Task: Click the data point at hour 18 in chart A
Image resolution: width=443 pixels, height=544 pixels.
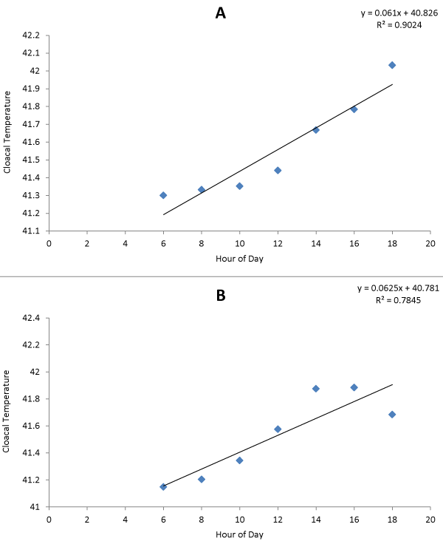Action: point(392,65)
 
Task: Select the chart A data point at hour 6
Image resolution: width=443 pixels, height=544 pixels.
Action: point(163,195)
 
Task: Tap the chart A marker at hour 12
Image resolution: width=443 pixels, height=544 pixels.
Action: point(278,170)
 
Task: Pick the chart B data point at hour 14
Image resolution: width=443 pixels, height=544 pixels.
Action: point(316,389)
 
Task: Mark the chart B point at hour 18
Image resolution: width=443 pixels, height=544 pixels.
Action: point(392,415)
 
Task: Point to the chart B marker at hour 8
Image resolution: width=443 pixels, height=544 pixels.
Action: point(202,480)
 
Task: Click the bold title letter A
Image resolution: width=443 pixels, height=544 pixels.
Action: point(221,13)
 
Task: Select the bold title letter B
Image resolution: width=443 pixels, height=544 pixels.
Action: point(221,296)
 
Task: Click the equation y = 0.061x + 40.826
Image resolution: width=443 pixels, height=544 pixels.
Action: point(399,13)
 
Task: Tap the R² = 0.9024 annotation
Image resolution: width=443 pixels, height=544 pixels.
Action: point(399,25)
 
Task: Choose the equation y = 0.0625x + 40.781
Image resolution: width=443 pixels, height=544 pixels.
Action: point(398,288)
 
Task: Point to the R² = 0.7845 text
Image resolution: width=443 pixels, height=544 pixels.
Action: point(398,300)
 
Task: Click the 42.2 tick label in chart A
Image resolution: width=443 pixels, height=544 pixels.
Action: point(31,35)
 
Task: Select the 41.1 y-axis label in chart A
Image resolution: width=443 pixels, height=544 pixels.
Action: point(31,231)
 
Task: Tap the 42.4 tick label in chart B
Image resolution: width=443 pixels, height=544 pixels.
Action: point(31,318)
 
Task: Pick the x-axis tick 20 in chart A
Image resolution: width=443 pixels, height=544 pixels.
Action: point(430,244)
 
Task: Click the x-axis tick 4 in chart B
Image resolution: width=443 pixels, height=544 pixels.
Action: point(125,520)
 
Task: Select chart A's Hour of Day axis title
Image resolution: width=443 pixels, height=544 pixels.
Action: point(239,259)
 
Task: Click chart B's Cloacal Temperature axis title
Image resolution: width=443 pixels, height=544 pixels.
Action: point(6,412)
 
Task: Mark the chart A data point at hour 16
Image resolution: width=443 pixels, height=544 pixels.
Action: point(354,109)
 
